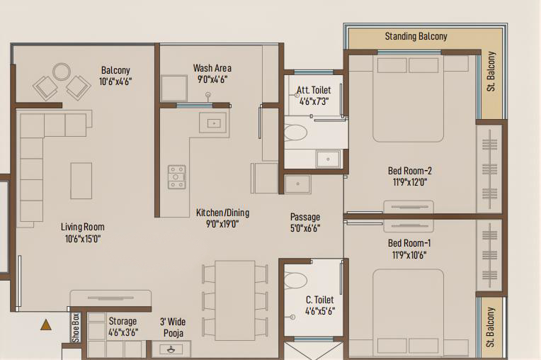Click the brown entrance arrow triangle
46,325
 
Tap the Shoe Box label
76,328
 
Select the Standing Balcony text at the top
416,36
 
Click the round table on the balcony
62,72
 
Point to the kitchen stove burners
176,177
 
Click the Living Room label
83,227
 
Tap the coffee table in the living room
81,181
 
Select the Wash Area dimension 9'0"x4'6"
212,79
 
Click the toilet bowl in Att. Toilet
296,133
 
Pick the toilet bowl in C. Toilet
296,280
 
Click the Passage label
305,217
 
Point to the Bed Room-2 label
409,171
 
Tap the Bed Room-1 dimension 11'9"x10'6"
409,255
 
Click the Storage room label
123,321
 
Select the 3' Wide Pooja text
173,327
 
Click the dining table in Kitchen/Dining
235,300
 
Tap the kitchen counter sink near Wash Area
214,123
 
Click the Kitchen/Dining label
222,213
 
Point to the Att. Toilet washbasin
328,159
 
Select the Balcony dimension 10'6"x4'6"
115,81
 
